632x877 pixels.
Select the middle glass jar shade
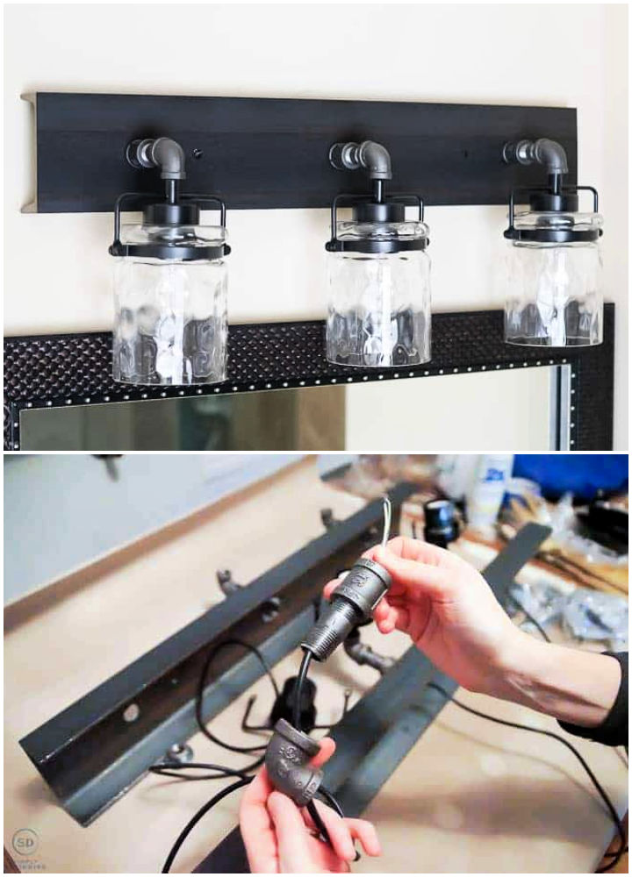coord(378,303)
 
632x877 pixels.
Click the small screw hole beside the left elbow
coord(196,153)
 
